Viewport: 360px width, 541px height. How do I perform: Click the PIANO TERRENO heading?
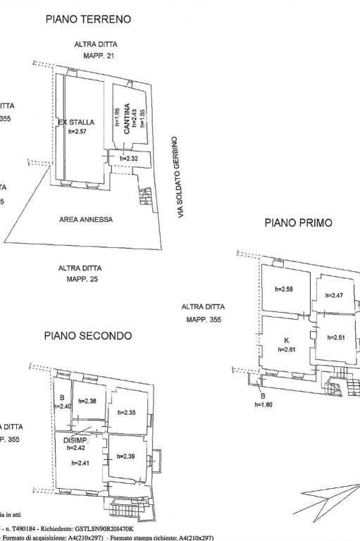(x=88, y=20)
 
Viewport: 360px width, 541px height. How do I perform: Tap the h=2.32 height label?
(x=129, y=158)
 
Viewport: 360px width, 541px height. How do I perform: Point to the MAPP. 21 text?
(x=99, y=56)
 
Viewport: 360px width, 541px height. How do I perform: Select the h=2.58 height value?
(x=285, y=289)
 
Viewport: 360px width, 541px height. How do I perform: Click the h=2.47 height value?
(x=334, y=296)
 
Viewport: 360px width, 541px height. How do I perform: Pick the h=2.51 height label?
(x=336, y=337)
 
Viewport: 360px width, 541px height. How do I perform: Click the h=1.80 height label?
(x=264, y=404)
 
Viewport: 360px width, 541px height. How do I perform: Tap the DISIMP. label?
(x=75, y=440)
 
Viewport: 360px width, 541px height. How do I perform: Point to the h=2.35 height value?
(x=126, y=413)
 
